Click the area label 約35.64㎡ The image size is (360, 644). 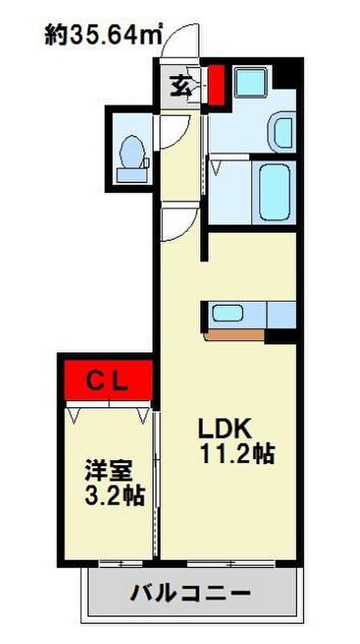pyautogui.click(x=103, y=34)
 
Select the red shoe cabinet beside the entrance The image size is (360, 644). pyautogui.click(x=216, y=85)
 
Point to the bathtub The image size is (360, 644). pyautogui.click(x=275, y=192)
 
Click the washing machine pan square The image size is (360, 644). pyautogui.click(x=250, y=82)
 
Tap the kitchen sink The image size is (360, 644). pyautogui.click(x=227, y=314)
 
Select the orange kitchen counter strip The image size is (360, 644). pyautogui.click(x=234, y=335)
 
